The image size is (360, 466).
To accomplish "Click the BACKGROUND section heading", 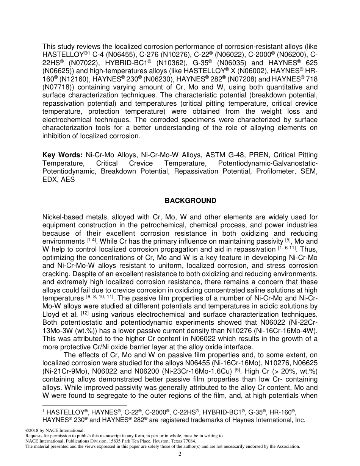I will point(190,201).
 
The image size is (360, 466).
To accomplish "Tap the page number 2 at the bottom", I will point(180,454).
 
